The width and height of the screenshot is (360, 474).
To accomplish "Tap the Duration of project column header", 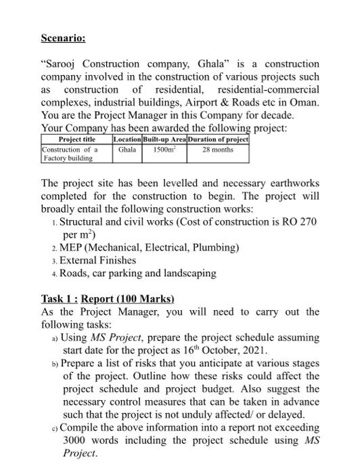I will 218,139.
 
